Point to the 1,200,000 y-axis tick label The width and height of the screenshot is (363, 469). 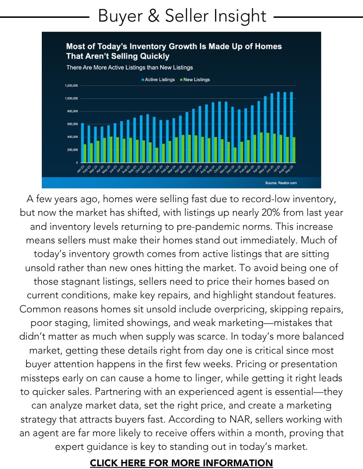(58, 86)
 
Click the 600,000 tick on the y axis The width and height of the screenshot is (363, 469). (60, 124)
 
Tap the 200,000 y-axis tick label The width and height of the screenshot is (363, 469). (60, 150)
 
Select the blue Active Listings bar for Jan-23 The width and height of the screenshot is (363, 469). (82, 143)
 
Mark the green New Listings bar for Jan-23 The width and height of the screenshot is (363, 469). (85, 153)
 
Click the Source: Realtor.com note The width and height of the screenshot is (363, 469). (281, 182)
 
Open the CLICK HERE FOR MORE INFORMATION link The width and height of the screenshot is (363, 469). (181, 463)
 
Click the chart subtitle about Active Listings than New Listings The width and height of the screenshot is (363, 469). (130, 68)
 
